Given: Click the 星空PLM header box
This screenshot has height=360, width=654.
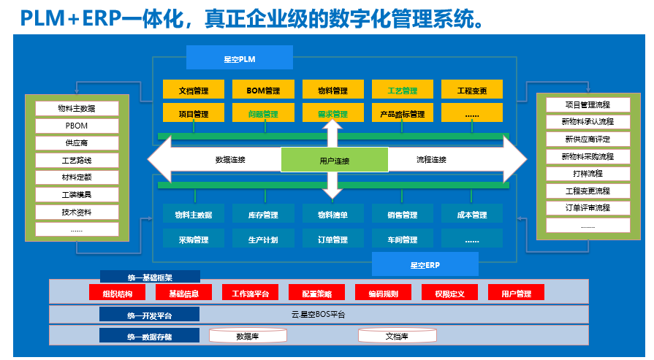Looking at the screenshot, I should pos(239,58).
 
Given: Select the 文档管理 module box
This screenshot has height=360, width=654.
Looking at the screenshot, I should pos(194,91).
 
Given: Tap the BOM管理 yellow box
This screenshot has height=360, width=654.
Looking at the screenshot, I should pos(263,91).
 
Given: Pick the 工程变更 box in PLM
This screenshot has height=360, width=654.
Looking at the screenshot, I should pos(471,91).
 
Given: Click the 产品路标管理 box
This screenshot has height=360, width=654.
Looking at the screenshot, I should pos(402,114).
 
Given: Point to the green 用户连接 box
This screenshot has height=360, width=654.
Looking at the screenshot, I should pos(334,160).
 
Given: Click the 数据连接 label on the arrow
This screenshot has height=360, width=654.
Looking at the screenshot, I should pos(230,159).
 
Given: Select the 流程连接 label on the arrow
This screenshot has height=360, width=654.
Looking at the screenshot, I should pos(431,159).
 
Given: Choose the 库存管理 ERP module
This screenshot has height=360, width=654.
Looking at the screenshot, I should pos(263,215).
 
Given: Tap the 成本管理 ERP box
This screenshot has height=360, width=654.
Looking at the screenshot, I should pos(471,215).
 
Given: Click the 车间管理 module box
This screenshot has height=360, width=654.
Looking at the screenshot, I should pos(402,240).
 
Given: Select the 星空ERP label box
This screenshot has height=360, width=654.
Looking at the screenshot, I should pos(425,264).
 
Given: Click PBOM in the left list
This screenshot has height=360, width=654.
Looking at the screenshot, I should pos(77,126).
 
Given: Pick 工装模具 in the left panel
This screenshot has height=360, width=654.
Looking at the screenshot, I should pos(77,195).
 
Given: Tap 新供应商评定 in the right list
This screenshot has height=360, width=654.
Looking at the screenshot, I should pos(588,139).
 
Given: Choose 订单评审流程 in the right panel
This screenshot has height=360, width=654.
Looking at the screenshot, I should pos(588,208).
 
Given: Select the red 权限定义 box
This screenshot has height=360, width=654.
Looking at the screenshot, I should pos(449,294).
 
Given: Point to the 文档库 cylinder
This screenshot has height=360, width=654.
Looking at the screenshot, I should pos(396,337).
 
